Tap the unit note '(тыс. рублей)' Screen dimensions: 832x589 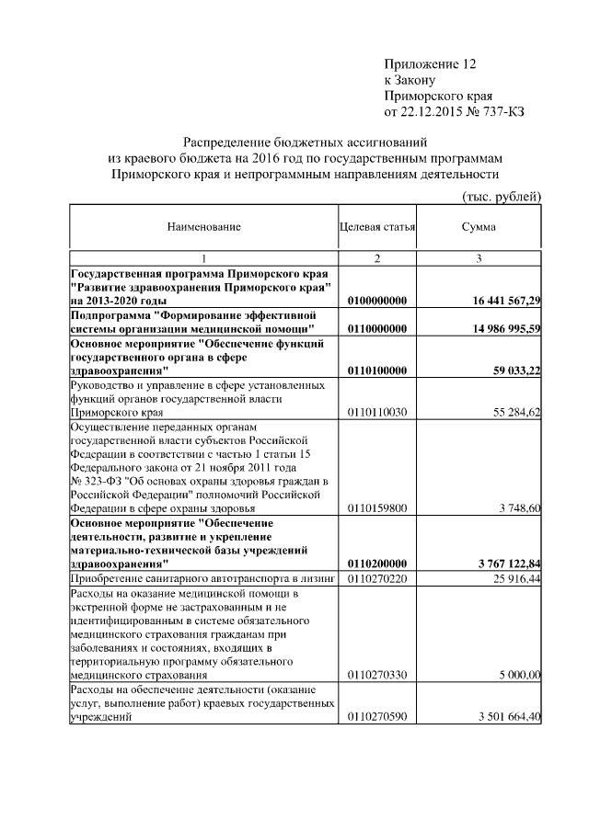coord(501,196)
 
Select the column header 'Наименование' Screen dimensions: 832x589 coord(203,226)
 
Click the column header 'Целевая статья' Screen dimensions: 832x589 coord(377,226)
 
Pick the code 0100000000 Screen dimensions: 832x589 coord(377,301)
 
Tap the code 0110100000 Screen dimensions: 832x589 coord(377,370)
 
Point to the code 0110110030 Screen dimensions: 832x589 coord(377,413)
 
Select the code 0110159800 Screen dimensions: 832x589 coord(377,507)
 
